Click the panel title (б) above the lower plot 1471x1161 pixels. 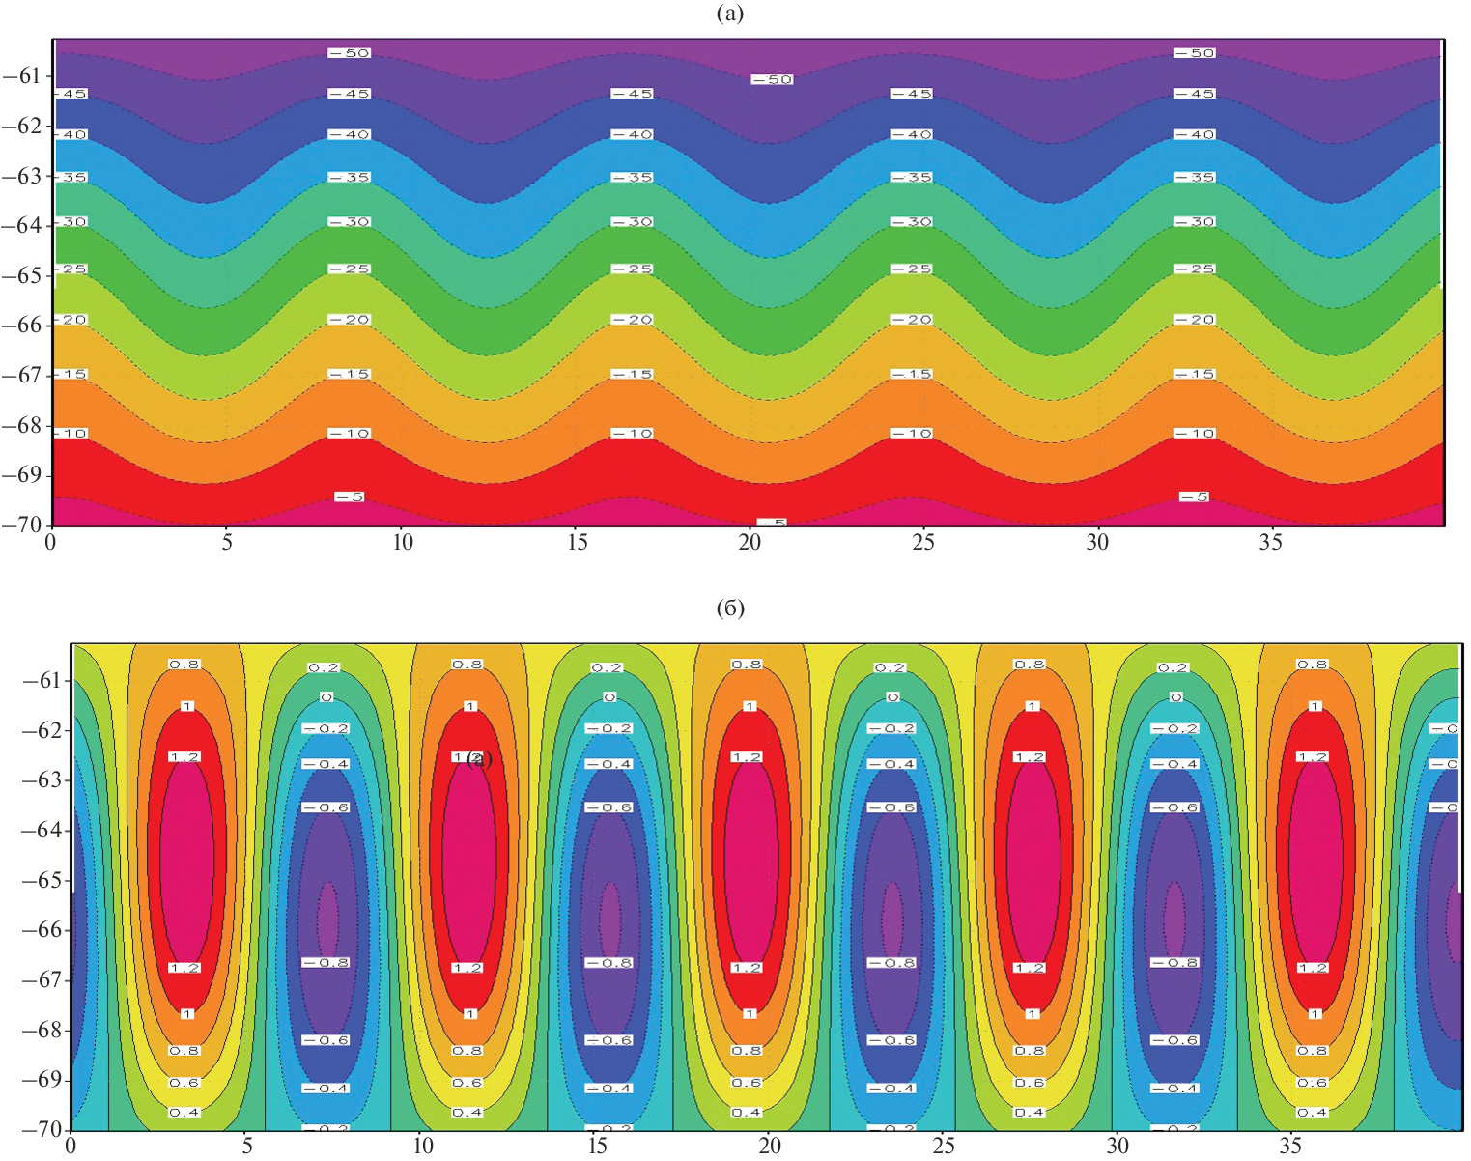[x=730, y=609]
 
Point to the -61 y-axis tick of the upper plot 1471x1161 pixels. [x=22, y=76]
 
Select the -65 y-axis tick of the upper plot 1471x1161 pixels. [x=22, y=275]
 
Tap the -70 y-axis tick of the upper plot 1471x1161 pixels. [x=22, y=525]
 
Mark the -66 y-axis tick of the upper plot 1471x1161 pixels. [x=22, y=326]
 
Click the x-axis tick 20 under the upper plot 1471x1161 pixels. [x=750, y=543]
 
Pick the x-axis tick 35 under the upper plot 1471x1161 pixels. [x=1271, y=543]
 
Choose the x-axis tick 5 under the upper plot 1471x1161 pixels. [x=227, y=543]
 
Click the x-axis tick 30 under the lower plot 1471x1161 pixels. [x=1117, y=1147]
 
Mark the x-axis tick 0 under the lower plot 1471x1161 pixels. [x=71, y=1147]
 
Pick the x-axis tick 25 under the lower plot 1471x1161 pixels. [x=943, y=1147]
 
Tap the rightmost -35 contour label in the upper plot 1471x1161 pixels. [x=1195, y=178]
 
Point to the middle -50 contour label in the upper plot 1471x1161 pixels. [x=772, y=79]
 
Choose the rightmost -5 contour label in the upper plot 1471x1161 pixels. [x=1195, y=496]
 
